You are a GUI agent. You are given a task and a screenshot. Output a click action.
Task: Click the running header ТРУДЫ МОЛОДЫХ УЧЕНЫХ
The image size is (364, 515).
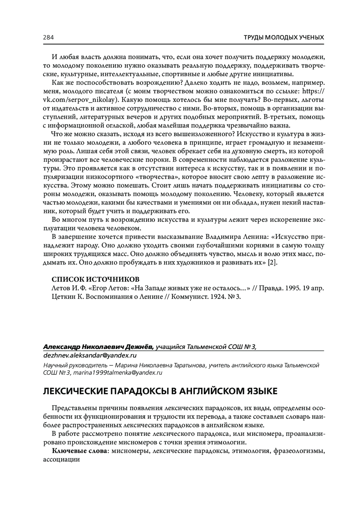pyautogui.click(x=284, y=38)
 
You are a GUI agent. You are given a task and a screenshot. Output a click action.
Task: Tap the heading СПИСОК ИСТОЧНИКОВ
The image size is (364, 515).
pyautogui.click(x=96, y=279)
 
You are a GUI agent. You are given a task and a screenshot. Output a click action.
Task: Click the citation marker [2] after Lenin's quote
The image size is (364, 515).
pyautogui.click(x=272, y=263)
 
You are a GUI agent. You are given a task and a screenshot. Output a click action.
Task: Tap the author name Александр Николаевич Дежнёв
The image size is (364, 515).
pyautogui.click(x=99, y=347)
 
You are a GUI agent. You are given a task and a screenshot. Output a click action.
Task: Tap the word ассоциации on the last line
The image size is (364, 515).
pyautogui.click(x=61, y=459)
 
